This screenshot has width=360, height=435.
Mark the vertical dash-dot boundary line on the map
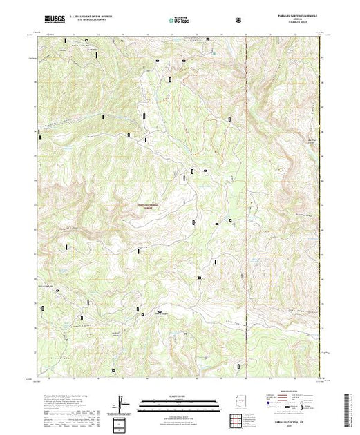(247, 207)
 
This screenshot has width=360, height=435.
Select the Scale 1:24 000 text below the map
(180, 398)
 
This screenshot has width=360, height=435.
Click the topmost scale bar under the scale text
(180, 402)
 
